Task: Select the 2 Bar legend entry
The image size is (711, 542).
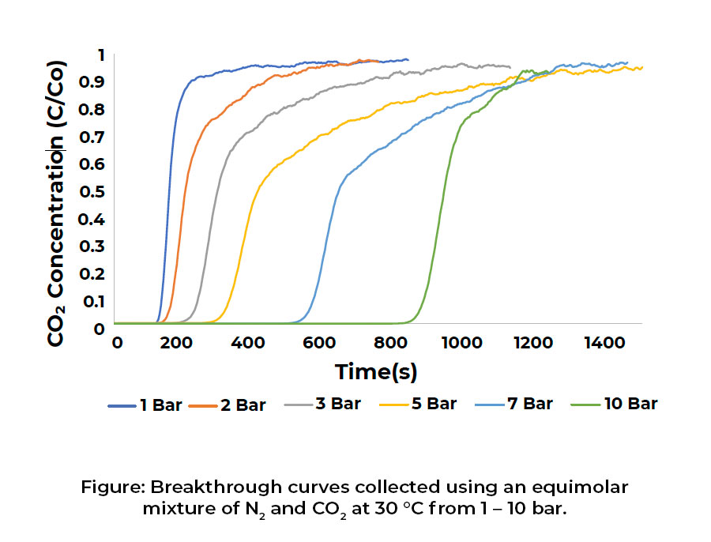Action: coord(229,405)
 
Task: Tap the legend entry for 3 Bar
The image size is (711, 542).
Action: coord(324,405)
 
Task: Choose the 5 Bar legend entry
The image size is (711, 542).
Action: coord(419,405)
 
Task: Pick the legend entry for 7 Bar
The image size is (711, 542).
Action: coord(514,405)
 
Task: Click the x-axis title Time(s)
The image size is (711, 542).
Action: coord(376,371)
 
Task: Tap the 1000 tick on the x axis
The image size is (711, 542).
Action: coord(463,343)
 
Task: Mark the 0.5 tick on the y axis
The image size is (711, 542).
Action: coord(93,191)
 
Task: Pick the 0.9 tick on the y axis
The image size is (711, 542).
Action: coord(93,82)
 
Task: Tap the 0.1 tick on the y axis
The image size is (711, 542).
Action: coord(93,301)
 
